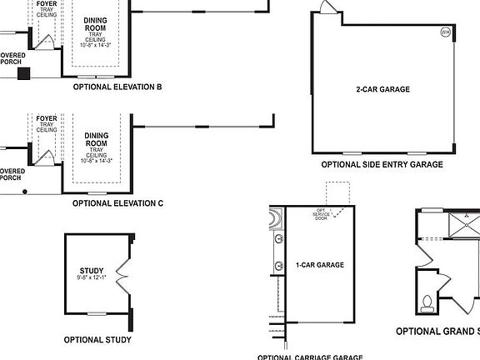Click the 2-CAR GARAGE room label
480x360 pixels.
click(x=382, y=89)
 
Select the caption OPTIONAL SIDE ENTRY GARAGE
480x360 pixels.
click(x=382, y=165)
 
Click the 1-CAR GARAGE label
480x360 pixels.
click(x=319, y=265)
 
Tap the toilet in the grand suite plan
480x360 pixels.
click(x=427, y=302)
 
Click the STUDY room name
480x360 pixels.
click(x=92, y=271)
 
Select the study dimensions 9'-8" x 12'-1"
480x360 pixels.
click(x=92, y=279)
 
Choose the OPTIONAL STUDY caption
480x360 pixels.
click(x=97, y=340)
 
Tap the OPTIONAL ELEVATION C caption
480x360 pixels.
click(x=117, y=203)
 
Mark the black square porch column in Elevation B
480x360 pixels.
click(x=24, y=72)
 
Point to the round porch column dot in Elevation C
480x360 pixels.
click(x=25, y=192)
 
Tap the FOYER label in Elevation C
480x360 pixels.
click(x=47, y=124)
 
